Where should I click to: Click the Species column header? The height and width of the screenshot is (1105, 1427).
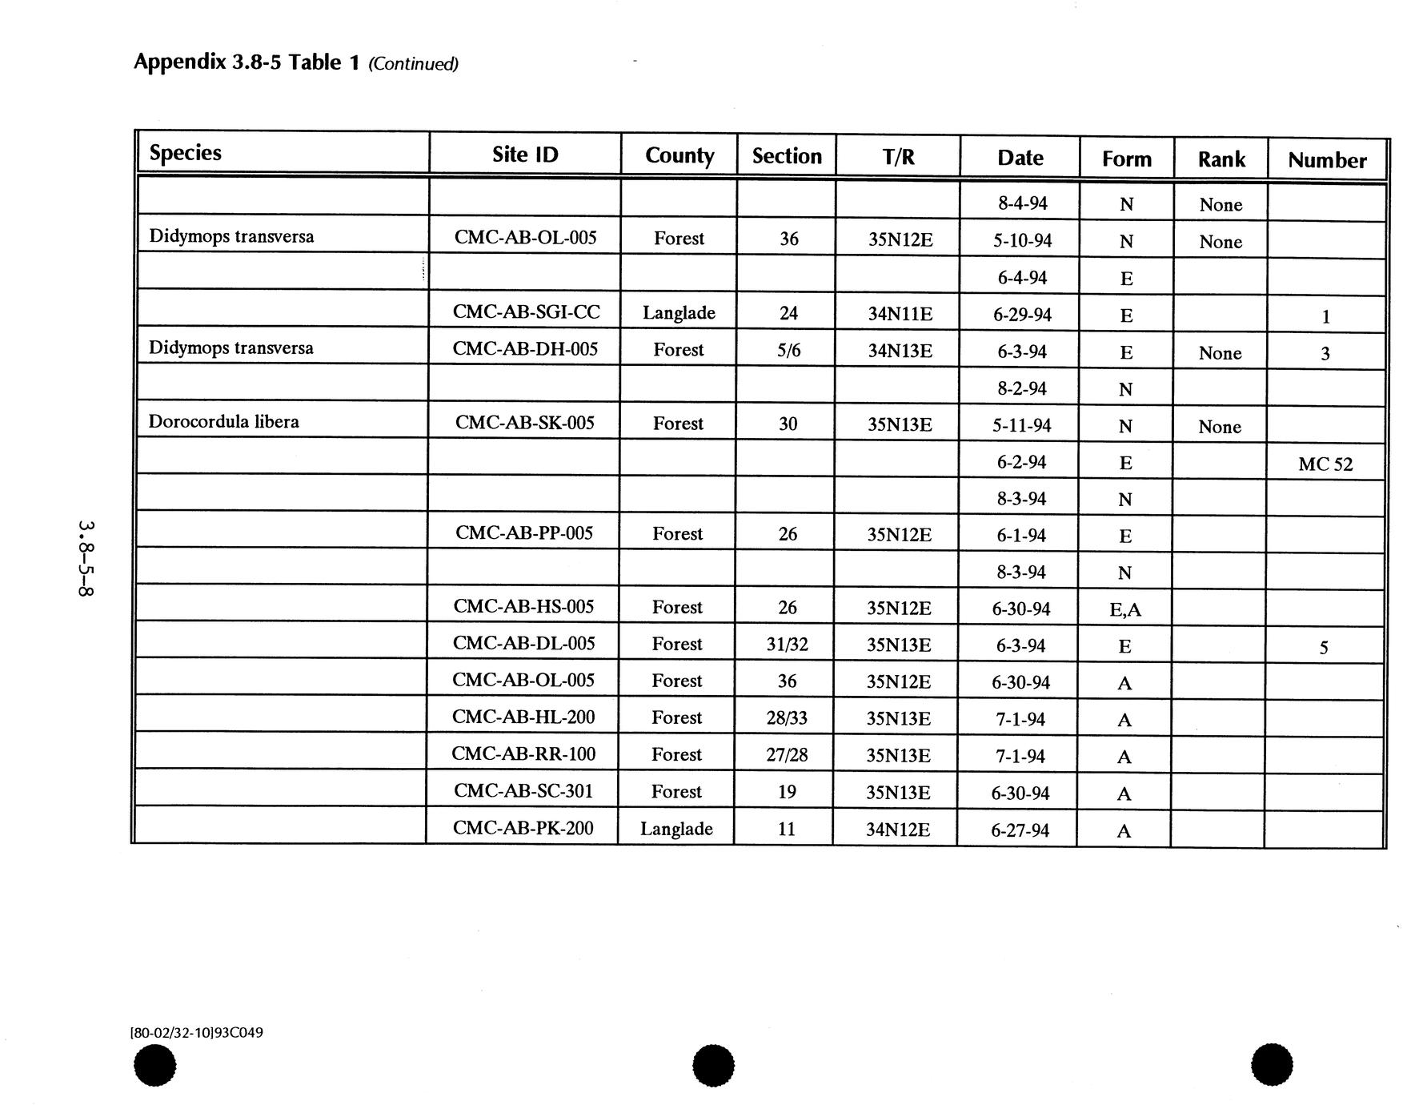[185, 153]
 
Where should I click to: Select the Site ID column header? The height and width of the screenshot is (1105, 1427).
[525, 155]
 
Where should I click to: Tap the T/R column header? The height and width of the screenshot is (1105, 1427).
[898, 157]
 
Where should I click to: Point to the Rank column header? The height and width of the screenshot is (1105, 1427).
[1221, 159]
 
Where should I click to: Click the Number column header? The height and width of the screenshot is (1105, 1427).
[1327, 160]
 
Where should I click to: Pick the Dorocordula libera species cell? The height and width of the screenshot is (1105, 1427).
[224, 422]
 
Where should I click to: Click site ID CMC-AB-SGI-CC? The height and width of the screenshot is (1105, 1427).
[526, 312]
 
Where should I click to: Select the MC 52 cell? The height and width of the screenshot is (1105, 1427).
[1325, 464]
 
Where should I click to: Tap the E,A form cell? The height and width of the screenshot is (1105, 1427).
[1125, 610]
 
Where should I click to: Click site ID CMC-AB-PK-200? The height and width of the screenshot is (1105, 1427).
[523, 828]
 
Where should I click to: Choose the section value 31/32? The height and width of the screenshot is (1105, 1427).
[787, 645]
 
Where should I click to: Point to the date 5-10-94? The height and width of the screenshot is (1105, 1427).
[1023, 240]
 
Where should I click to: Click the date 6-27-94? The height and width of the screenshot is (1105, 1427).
[1020, 830]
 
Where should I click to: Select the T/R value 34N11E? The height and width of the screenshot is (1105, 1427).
[900, 314]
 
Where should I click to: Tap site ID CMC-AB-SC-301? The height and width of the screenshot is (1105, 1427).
[523, 791]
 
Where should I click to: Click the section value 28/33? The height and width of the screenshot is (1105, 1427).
[787, 718]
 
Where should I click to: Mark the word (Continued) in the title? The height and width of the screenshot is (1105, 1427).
[413, 64]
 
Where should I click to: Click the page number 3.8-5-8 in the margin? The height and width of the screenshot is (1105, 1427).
[86, 559]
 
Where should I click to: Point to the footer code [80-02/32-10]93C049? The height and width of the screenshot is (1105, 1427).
[196, 1032]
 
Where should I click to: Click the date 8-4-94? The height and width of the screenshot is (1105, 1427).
[1023, 203]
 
